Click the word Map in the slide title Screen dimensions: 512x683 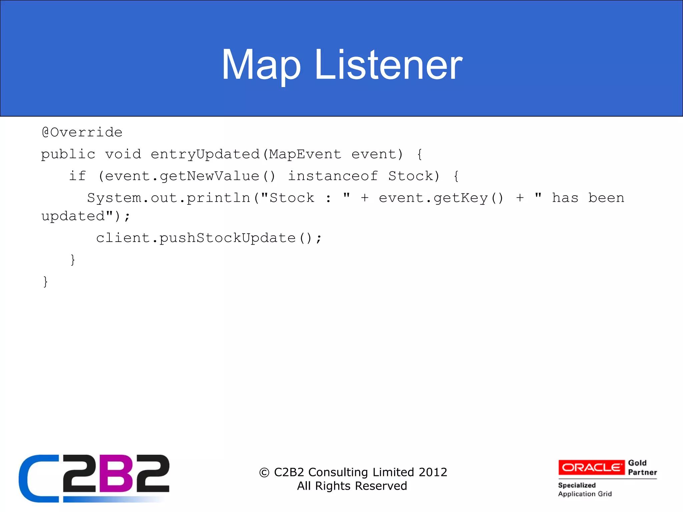[261, 65]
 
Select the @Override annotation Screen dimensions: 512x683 [82, 133]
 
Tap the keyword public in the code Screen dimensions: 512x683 [68, 155]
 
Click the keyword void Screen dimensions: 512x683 [123, 155]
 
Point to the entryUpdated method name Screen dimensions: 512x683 [205, 155]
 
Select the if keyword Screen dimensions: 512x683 [77, 176]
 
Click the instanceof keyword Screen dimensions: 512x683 [333, 176]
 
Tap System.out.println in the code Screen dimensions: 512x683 [168, 198]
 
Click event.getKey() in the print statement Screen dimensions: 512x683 [441, 198]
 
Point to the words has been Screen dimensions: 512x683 [588, 198]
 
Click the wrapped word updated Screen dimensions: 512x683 [73, 217]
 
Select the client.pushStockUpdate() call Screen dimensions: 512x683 [208, 238]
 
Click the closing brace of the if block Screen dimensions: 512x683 [73, 260]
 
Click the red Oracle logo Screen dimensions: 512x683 [591, 467]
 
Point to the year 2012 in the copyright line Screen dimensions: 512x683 [433, 472]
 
